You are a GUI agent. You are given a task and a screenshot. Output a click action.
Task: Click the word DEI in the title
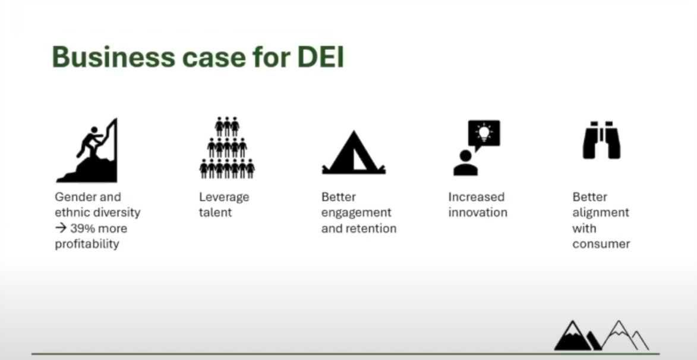(320, 58)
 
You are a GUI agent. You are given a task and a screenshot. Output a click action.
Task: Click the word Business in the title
(113, 58)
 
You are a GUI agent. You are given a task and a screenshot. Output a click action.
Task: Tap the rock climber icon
(87, 150)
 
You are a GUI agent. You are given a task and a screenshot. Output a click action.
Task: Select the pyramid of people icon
(227, 148)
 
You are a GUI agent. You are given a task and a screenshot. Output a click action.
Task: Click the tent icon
(354, 152)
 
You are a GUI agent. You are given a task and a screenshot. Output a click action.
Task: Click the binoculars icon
(601, 140)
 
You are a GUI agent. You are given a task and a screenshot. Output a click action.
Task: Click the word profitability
(87, 244)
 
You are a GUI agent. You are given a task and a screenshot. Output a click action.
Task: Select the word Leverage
(224, 197)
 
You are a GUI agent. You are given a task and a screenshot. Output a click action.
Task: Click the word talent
(215, 213)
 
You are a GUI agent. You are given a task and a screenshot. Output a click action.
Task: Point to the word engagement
(357, 213)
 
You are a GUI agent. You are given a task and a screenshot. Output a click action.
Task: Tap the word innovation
(478, 213)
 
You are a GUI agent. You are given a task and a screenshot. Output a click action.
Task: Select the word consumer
(601, 244)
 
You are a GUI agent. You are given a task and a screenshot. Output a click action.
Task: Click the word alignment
(601, 213)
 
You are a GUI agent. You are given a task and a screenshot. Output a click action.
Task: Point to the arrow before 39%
(61, 229)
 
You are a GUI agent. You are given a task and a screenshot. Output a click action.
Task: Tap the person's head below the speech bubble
(465, 156)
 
